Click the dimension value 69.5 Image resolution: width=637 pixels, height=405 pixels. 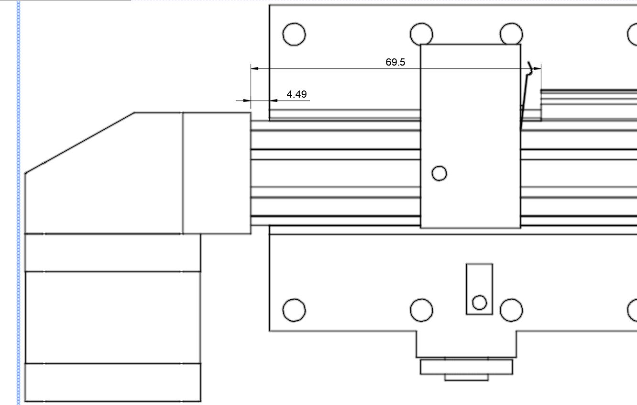click(395, 62)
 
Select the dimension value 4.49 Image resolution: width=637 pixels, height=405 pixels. click(297, 94)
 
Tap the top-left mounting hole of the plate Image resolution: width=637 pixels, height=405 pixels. click(294, 34)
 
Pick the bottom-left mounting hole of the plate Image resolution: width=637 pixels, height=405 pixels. click(294, 310)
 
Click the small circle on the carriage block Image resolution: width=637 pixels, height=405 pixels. click(439, 173)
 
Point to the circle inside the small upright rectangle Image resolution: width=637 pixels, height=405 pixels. click(479, 303)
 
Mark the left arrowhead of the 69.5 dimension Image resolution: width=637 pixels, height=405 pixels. click(255, 68)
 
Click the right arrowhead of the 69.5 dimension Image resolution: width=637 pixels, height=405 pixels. click(537, 68)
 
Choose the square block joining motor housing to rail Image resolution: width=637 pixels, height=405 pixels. click(217, 173)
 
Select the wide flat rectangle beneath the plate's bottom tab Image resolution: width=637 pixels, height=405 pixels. click(466, 367)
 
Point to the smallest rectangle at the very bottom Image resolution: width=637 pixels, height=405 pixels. click(466, 378)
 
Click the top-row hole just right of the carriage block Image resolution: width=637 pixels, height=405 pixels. click(511, 34)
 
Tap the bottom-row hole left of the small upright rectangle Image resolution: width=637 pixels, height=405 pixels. click(421, 310)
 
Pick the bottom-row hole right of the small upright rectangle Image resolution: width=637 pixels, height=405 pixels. click(511, 310)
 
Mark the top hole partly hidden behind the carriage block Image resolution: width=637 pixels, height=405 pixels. click(421, 34)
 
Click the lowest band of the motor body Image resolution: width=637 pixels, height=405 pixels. click(112, 382)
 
